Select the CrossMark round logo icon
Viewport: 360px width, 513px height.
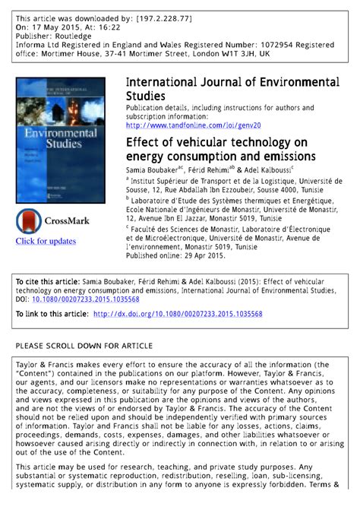(x=30, y=221)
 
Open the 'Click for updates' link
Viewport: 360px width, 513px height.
(x=46, y=241)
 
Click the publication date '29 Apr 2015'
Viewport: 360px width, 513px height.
(x=202, y=256)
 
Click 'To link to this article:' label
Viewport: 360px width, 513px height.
(x=52, y=313)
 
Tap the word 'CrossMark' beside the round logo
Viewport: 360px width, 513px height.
(x=68, y=221)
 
